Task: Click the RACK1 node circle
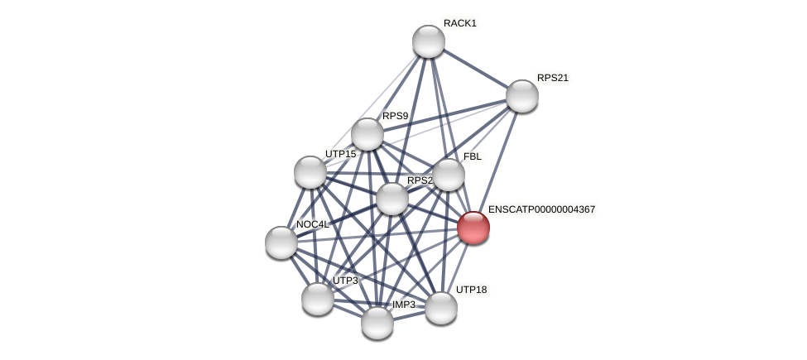[429, 41]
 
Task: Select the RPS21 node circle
[522, 96]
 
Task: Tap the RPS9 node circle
[367, 134]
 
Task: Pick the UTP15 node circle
[310, 172]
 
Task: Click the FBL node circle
[449, 175]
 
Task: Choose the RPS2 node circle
[392, 199]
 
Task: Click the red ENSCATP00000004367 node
[473, 228]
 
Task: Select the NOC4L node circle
[281, 242]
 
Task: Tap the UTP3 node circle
[318, 299]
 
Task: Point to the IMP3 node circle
[377, 323]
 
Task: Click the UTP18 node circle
[441, 308]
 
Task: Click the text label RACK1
[459, 23]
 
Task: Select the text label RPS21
[552, 78]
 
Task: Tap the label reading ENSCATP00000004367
[541, 209]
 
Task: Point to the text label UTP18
[471, 290]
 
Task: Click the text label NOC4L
[312, 224]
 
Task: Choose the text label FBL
[472, 156]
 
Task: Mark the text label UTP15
[340, 154]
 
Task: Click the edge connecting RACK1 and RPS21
[476, 69]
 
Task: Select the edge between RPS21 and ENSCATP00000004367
[498, 161]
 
